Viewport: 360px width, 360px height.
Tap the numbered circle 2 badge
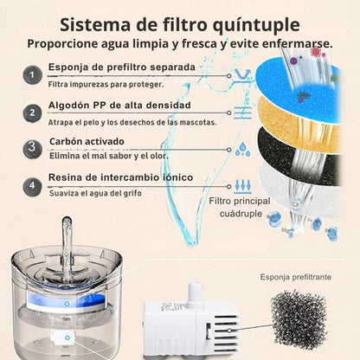[x=31, y=112]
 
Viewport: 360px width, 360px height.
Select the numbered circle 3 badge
[x=31, y=147]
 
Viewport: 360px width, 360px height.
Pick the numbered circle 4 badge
[x=31, y=184]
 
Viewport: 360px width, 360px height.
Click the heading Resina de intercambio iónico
[x=120, y=177]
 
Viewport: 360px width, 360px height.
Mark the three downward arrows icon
[x=242, y=184]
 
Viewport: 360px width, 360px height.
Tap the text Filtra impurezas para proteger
[x=105, y=85]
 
